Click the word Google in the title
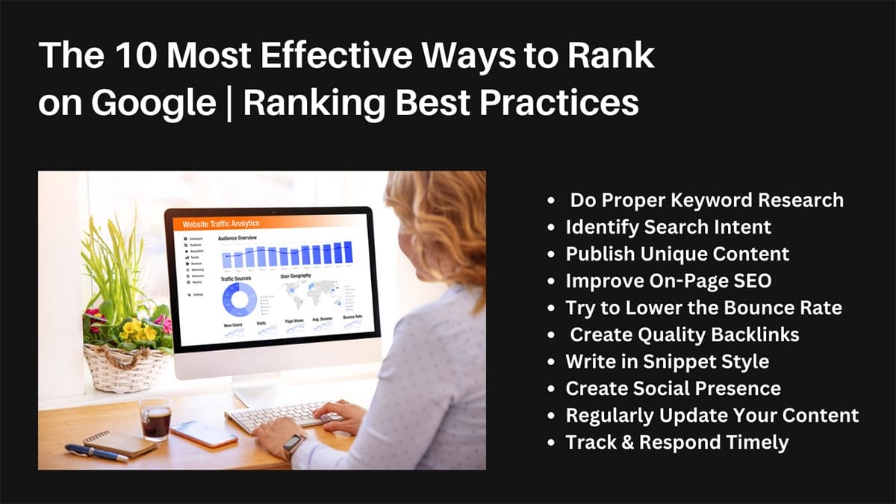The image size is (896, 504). point(153,103)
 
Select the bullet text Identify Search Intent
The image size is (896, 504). point(668,226)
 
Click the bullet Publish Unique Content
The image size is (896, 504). point(677,254)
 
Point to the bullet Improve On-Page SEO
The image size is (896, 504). point(668,281)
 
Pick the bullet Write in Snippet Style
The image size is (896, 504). point(667,361)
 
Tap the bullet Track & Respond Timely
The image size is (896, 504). point(676,442)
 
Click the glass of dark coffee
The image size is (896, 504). point(155,419)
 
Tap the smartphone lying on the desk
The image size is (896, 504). point(204,434)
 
